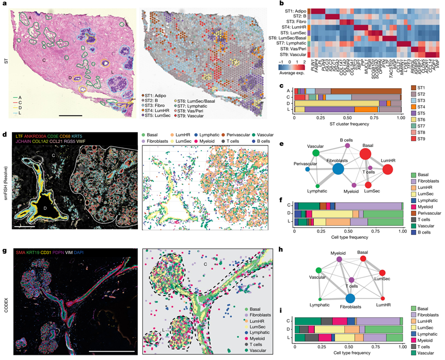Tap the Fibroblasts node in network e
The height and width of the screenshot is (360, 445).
[339, 169]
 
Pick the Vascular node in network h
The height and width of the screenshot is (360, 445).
[318, 270]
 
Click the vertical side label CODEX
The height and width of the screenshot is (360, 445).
[5, 293]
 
